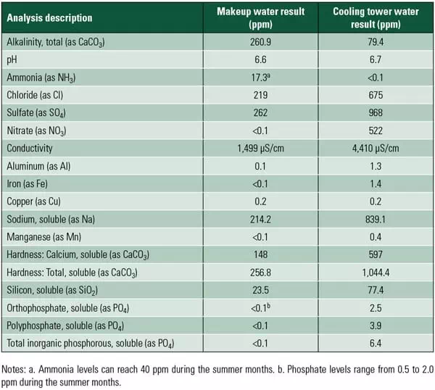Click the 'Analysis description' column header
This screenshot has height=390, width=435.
[x=49, y=17]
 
